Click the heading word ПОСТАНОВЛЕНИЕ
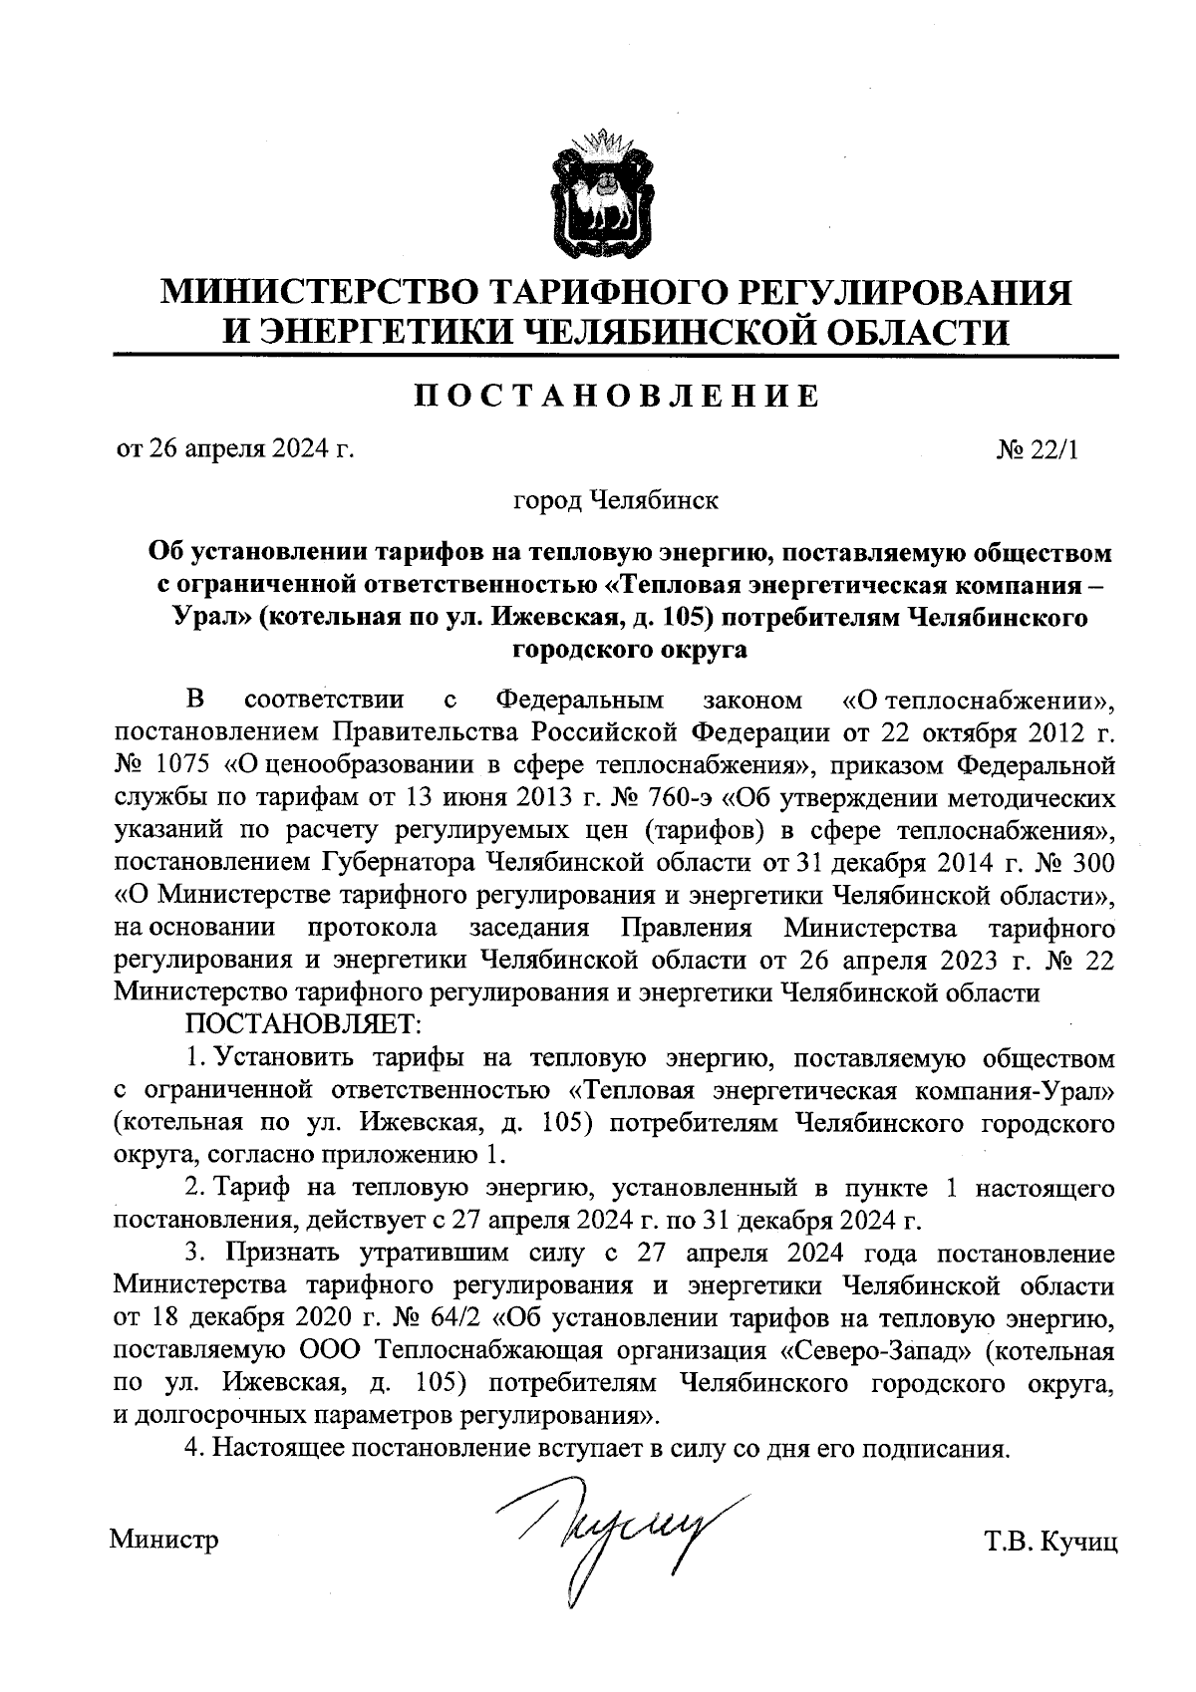618,397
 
